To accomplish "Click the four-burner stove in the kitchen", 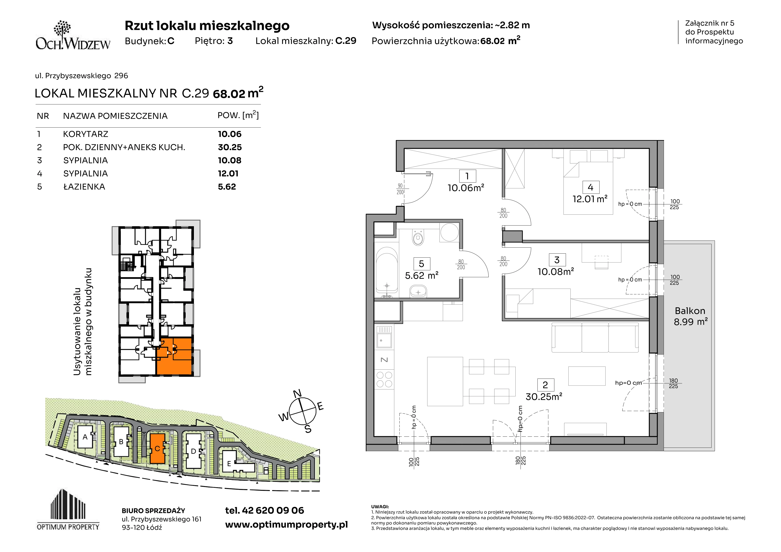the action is point(384,379).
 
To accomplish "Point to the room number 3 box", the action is point(557,260).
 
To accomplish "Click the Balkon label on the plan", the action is point(690,311).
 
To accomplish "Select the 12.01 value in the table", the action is point(228,173).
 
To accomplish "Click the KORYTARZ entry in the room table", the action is point(86,134).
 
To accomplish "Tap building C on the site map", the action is point(157,448).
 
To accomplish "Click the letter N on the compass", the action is point(297,393).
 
